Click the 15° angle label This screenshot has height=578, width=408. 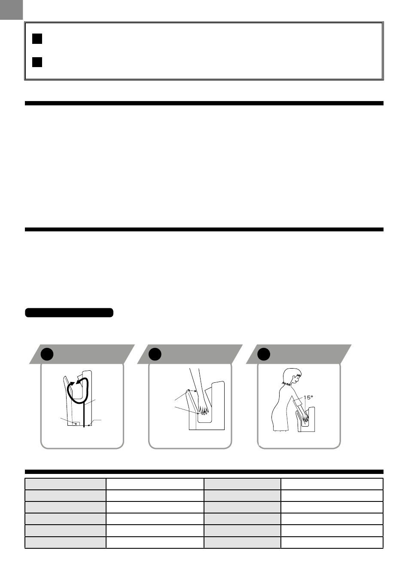[x=308, y=398]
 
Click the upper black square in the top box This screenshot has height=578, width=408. [x=37, y=39]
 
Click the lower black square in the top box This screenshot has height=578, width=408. [x=37, y=62]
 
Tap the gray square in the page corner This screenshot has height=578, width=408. [x=11, y=9]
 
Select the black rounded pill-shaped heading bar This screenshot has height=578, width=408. [x=69, y=313]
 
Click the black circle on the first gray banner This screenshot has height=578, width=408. [x=47, y=354]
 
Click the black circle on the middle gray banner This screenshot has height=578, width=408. [x=155, y=354]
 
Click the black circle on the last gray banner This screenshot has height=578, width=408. [x=264, y=354]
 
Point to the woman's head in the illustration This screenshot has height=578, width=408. [x=292, y=377]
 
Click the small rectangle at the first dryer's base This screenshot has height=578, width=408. [x=76, y=424]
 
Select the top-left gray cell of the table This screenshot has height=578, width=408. [x=65, y=484]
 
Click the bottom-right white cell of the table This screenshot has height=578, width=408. [x=332, y=542]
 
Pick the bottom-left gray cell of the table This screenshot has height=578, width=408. [x=65, y=542]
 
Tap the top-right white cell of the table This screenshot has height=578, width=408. [x=332, y=484]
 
